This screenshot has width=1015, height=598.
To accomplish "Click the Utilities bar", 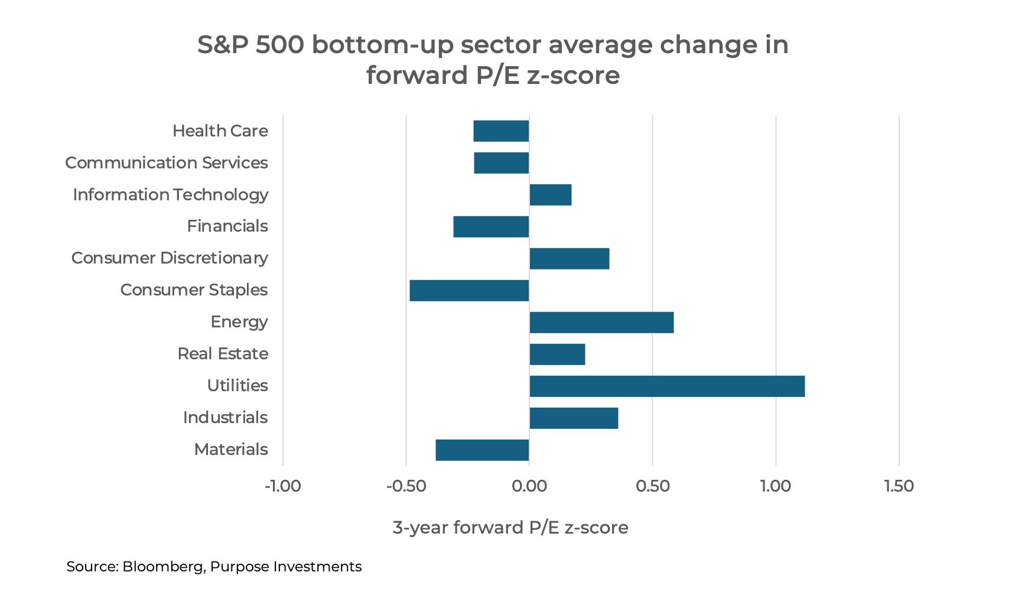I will (x=666, y=386).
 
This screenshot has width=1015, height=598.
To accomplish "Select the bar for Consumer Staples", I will (x=469, y=290).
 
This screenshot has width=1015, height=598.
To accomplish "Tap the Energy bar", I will (x=601, y=322).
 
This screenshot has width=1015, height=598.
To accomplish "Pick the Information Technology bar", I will (x=551, y=194).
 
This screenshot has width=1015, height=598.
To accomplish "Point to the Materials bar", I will (x=482, y=450).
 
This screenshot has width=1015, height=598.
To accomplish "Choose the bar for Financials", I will (x=491, y=226).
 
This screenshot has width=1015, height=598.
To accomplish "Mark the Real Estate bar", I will (x=557, y=354).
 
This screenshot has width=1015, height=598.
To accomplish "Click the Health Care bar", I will (x=501, y=131).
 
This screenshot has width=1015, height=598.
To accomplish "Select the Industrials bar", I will (x=574, y=418).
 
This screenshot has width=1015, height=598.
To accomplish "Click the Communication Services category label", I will (x=166, y=162).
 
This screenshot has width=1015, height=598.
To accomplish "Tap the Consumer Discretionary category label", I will (x=170, y=258).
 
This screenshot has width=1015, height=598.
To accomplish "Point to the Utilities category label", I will (x=237, y=386).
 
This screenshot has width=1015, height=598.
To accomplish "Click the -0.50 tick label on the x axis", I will (x=406, y=486).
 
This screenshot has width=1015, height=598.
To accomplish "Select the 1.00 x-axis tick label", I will (x=775, y=486).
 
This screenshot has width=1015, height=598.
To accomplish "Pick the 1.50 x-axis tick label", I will (x=899, y=486).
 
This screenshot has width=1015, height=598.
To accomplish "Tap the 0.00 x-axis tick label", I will (x=529, y=486).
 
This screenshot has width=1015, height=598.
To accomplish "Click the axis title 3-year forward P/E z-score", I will (x=510, y=527).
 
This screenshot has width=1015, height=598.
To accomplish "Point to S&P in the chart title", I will (x=222, y=45).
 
